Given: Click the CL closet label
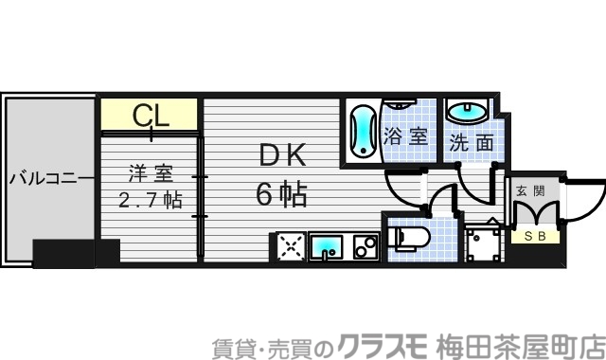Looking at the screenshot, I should [151, 116].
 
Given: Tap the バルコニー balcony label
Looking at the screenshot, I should [50, 176].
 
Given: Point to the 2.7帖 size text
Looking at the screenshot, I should [151, 199].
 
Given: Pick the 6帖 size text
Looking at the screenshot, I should [280, 195].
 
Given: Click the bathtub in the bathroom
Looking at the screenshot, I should [362, 133].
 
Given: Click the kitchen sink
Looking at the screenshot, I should [327, 246].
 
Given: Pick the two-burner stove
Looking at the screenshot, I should [365, 246].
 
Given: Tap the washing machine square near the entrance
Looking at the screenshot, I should [487, 243].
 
